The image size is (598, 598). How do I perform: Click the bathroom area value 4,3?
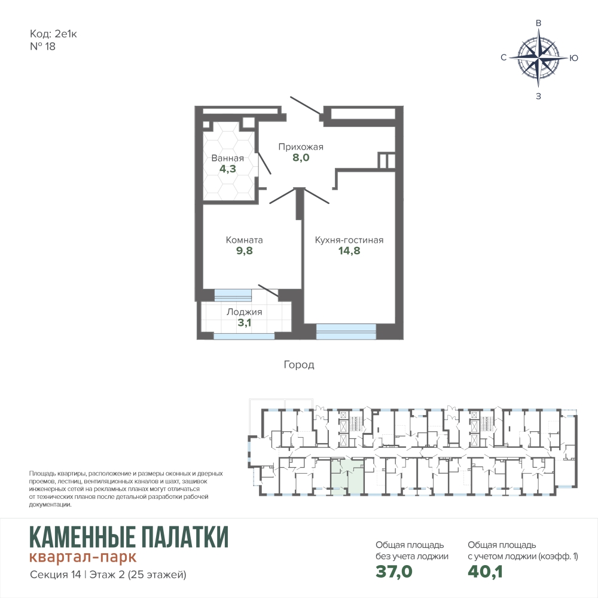tap(228, 169)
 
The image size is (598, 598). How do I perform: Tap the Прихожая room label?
tap(301, 147)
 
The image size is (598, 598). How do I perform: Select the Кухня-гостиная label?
tap(349, 240)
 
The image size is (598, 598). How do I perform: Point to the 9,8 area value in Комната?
tap(245, 251)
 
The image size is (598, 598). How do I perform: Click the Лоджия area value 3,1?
tap(245, 323)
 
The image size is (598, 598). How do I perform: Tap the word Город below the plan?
tap(299, 365)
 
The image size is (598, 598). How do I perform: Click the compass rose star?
tap(539, 57)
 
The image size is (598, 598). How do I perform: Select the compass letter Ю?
tap(573, 58)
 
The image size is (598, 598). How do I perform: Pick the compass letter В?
tap(539, 23)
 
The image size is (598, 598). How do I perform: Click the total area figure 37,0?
tap(394, 571)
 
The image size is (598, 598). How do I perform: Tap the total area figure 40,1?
tap(485, 571)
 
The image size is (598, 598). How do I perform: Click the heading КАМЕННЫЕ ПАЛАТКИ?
tap(129, 536)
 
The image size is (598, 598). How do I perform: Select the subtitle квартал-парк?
tap(83, 557)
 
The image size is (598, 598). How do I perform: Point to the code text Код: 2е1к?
tap(53, 34)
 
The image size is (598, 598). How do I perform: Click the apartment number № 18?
tap(42, 47)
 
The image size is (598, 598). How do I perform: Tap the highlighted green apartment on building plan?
tap(347, 477)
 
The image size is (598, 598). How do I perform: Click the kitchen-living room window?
tap(346, 331)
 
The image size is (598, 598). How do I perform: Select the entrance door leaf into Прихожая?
tap(305, 105)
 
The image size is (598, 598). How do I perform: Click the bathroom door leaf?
tap(265, 163)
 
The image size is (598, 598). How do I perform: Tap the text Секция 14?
tap(55, 574)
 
